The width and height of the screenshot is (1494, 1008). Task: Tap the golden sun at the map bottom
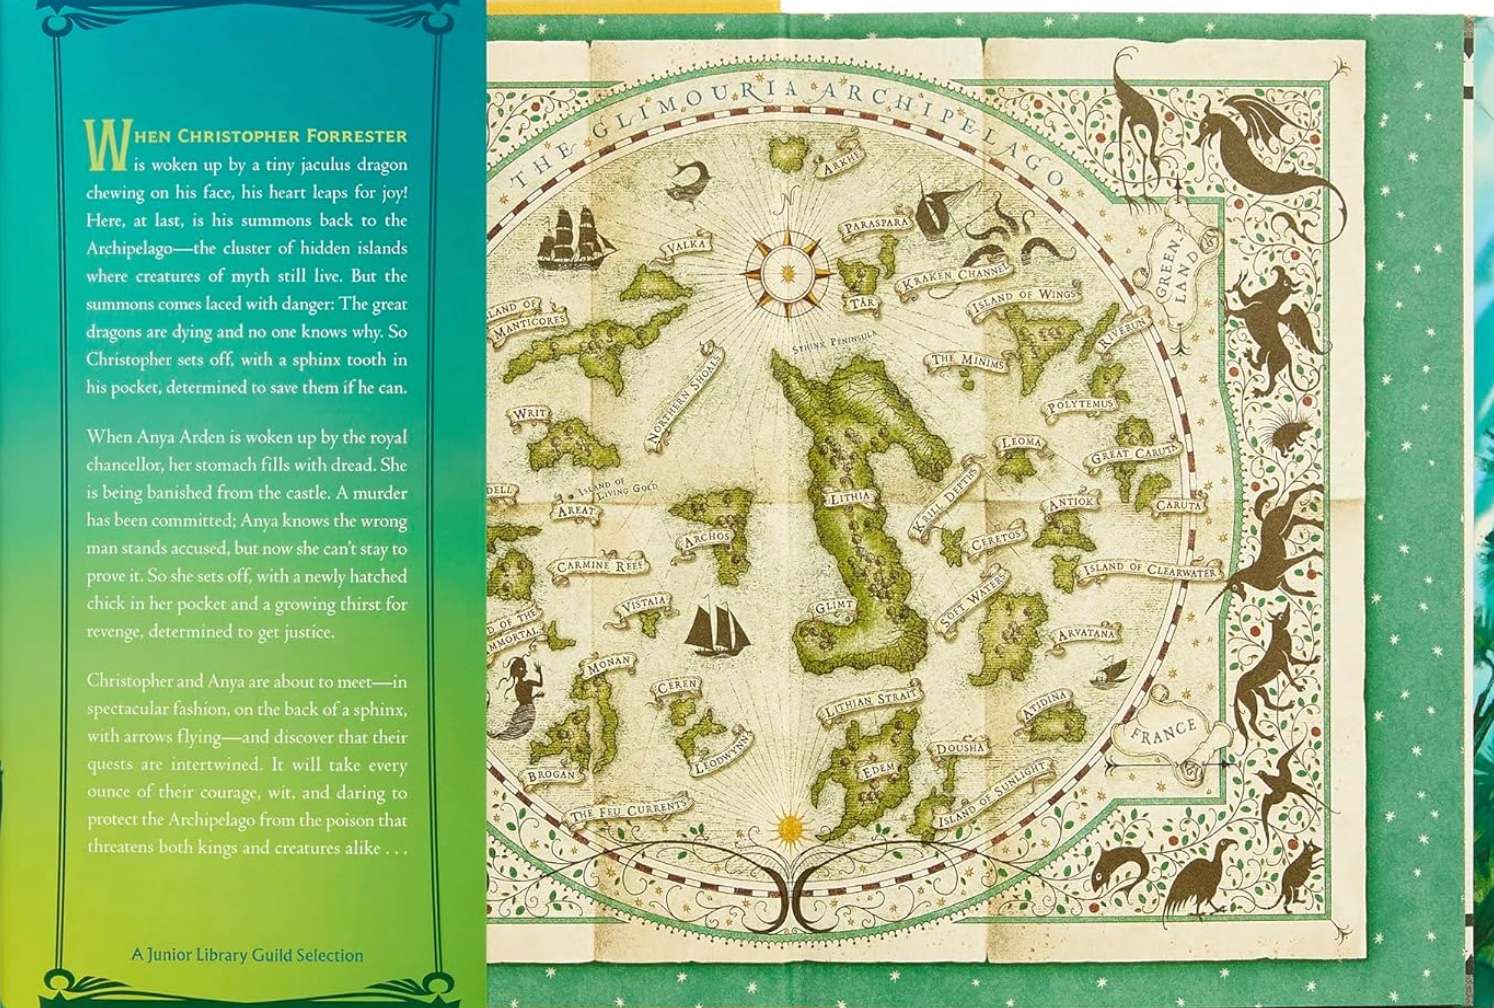pos(790,826)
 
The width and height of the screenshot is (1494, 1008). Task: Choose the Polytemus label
pos(1079,406)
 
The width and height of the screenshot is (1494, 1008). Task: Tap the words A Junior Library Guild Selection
pos(247,954)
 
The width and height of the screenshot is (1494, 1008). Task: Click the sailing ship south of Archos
pos(708,625)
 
